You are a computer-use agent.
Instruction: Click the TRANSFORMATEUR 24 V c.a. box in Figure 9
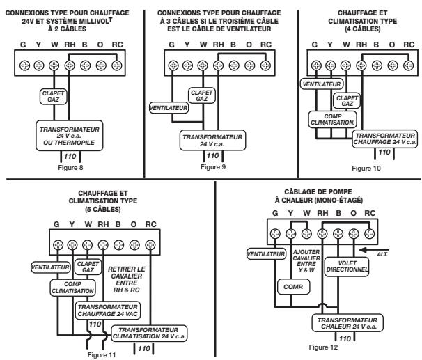209,137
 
